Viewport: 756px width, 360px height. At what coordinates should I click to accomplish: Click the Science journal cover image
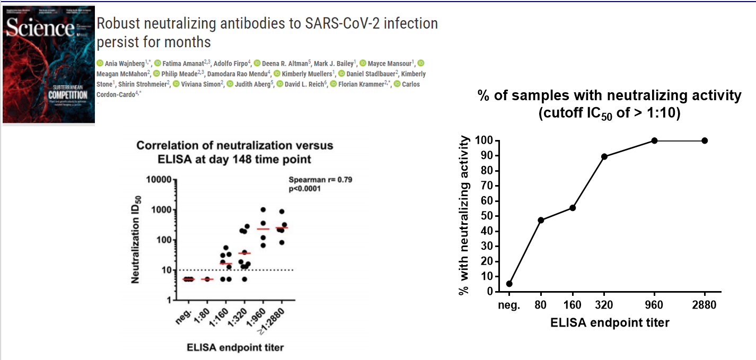tap(49, 65)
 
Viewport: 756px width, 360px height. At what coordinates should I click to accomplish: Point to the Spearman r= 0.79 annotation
tap(320, 180)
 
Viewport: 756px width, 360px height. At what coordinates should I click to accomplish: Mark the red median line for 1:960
tap(263, 229)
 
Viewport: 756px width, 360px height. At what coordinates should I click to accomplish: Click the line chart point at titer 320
tap(604, 156)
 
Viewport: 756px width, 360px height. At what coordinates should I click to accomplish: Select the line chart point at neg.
tap(509, 284)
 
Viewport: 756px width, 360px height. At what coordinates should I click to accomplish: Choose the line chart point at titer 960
tap(655, 141)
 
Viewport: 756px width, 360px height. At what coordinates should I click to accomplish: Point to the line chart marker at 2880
tap(705, 141)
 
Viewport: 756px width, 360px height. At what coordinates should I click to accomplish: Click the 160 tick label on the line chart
tap(573, 305)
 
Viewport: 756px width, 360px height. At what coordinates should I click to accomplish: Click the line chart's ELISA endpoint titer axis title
tap(610, 322)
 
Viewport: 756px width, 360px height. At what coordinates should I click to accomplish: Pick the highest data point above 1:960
tap(263, 209)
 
